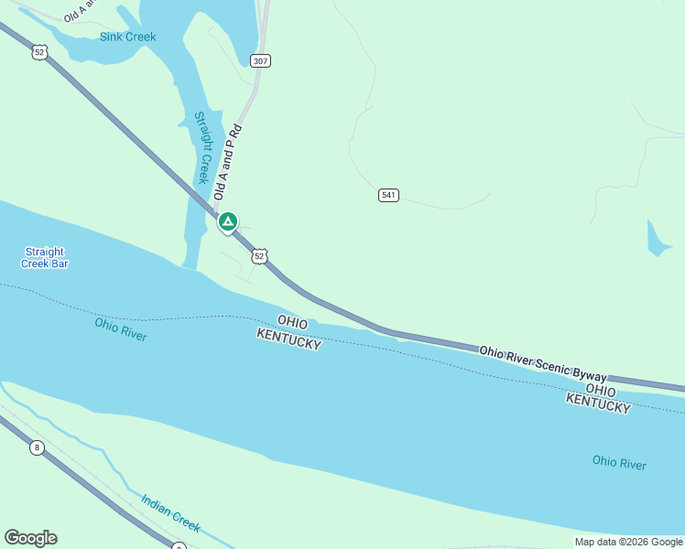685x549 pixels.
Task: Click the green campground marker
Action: (x=227, y=221)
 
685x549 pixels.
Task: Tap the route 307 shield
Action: (x=261, y=60)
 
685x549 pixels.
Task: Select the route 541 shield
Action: (x=388, y=195)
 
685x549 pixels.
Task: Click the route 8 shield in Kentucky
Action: (x=37, y=447)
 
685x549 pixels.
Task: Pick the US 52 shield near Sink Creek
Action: (x=38, y=52)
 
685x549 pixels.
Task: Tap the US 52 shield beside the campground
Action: (x=260, y=256)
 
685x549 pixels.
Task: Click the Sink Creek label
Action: (x=127, y=37)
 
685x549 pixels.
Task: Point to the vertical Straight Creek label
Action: (x=202, y=147)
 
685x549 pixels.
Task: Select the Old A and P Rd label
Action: (x=226, y=162)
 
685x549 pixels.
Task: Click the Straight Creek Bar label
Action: (x=45, y=257)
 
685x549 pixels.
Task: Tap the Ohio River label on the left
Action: (x=120, y=328)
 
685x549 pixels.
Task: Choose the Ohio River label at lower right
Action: (x=619, y=463)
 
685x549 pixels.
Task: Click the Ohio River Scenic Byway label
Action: (x=543, y=362)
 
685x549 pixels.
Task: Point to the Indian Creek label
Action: (x=170, y=512)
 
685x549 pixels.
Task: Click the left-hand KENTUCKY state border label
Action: (x=288, y=339)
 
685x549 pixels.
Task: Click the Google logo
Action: (x=30, y=538)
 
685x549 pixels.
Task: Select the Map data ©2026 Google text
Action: (x=628, y=542)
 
